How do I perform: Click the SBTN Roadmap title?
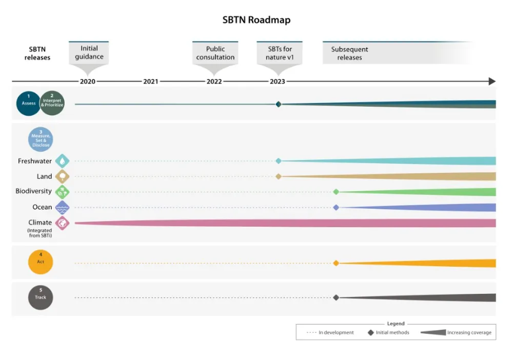(256, 20)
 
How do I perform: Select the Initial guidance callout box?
(89, 53)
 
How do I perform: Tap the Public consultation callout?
(215, 53)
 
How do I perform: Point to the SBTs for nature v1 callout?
(280, 53)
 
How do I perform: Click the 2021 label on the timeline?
(151, 82)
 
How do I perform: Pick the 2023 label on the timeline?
(278, 82)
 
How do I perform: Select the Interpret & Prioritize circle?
(52, 103)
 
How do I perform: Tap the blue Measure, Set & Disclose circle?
(41, 139)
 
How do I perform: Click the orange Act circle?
(41, 263)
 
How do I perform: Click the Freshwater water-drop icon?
(62, 161)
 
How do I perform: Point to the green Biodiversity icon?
(62, 192)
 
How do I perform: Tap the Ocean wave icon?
(62, 208)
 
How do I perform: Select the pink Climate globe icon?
(62, 223)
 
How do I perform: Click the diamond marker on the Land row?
(279, 176)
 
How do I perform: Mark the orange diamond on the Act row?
(336, 263)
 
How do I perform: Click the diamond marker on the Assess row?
(279, 104)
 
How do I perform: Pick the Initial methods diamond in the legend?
(370, 332)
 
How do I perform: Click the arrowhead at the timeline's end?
(492, 82)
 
